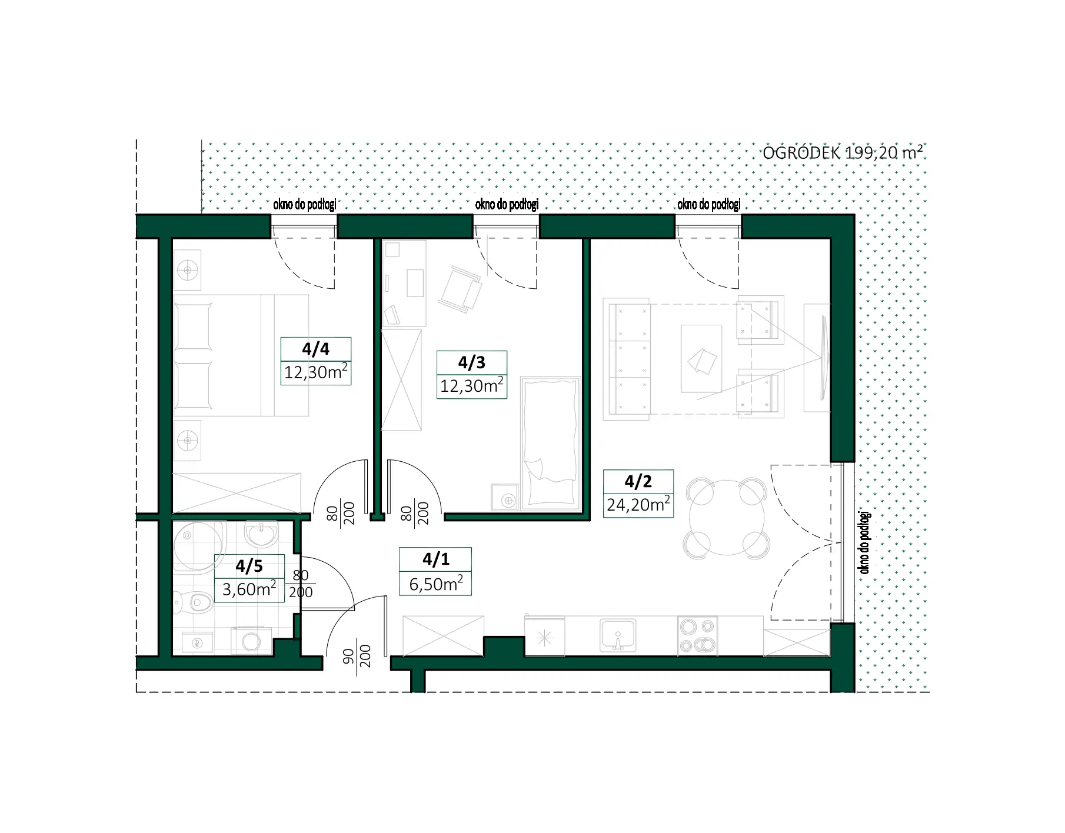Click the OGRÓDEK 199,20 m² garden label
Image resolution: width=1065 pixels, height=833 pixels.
pyautogui.click(x=842, y=153)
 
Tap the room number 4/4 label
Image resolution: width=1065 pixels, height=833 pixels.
pyautogui.click(x=315, y=349)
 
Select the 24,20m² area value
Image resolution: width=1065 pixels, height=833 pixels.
pyautogui.click(x=638, y=504)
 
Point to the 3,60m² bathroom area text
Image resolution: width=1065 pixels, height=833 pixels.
pyautogui.click(x=249, y=588)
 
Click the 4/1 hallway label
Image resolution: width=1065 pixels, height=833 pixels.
pyautogui.click(x=435, y=559)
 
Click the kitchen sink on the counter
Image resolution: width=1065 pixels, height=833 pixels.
pyautogui.click(x=618, y=635)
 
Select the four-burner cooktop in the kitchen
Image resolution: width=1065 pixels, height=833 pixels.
pyautogui.click(x=697, y=635)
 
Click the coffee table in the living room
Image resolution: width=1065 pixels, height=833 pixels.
pyautogui.click(x=701, y=358)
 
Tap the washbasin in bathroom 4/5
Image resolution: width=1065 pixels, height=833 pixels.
pyautogui.click(x=262, y=534)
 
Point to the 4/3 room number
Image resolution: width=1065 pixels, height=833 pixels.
pyautogui.click(x=472, y=362)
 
